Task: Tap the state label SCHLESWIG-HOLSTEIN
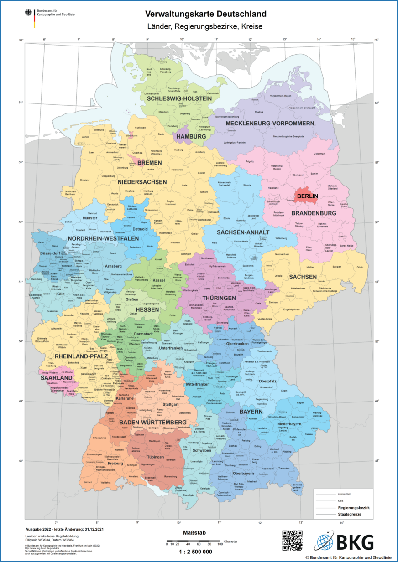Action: pyautogui.click(x=179, y=98)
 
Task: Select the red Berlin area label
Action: pyautogui.click(x=306, y=196)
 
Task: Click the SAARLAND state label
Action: pyautogui.click(x=56, y=378)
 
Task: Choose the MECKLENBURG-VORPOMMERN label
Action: pyautogui.click(x=270, y=124)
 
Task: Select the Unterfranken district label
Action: pyautogui.click(x=170, y=348)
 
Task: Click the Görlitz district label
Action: pyautogui.click(x=360, y=267)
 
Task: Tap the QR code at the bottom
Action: pyautogui.click(x=292, y=541)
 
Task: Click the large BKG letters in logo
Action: pyautogui.click(x=355, y=542)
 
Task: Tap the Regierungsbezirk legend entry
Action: pyautogui.click(x=354, y=507)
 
